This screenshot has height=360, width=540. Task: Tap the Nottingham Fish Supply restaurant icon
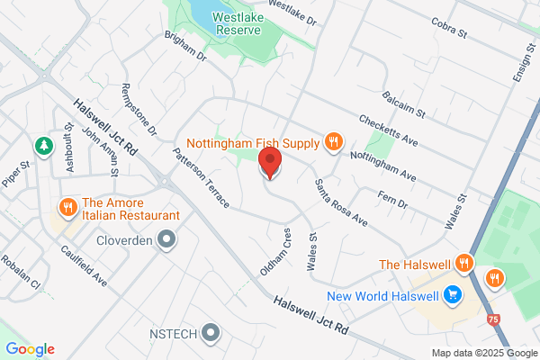[x=333, y=141]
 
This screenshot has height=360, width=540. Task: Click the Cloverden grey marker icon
[x=166, y=239]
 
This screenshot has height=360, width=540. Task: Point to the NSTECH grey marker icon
[x=211, y=333]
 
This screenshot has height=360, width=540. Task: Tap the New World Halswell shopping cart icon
[x=453, y=294]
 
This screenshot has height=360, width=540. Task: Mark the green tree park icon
[x=42, y=145]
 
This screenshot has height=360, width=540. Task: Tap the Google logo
[x=30, y=348]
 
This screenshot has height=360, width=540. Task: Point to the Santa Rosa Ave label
[x=341, y=202]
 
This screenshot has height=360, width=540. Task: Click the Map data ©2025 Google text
[x=481, y=352]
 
